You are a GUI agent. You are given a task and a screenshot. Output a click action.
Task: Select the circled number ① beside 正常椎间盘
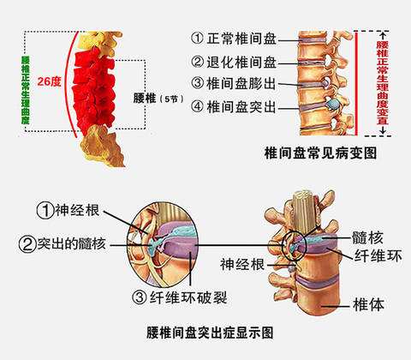point(197,39)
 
